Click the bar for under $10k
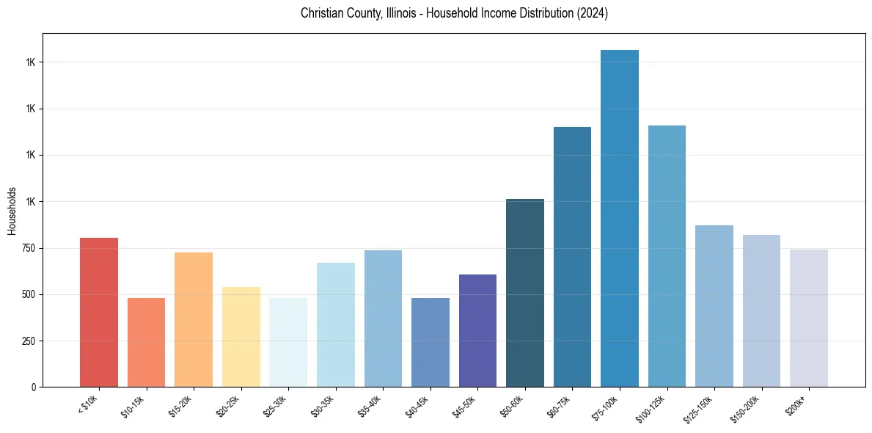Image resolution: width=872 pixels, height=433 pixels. tap(99, 312)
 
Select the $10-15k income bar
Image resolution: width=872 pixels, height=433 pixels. tap(146, 342)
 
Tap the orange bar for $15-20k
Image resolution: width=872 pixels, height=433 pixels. tap(194, 319)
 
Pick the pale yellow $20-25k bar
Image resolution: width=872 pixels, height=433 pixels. tap(241, 337)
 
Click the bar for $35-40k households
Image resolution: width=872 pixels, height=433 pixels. tap(383, 319)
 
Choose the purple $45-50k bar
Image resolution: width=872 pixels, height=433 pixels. tap(477, 330)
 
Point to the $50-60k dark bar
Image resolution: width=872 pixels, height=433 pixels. tap(525, 293)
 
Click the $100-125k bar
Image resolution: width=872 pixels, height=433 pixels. tap(667, 256)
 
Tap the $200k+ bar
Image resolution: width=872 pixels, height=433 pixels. tap(809, 318)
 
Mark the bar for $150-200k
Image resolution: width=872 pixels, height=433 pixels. tap(761, 310)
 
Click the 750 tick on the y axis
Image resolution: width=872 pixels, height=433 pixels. tap(29, 248)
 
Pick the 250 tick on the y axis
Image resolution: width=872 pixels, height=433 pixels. tap(29, 341)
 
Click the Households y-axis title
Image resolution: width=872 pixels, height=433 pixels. tap(12, 211)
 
